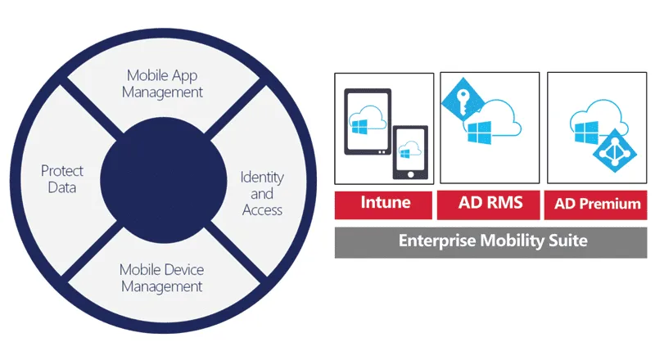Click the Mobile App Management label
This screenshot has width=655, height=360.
[x=162, y=83]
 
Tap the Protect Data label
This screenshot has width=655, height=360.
[x=62, y=178]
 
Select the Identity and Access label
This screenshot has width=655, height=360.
[x=262, y=193]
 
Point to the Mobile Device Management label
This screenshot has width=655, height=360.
[x=161, y=277]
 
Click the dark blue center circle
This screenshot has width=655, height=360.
[x=163, y=180]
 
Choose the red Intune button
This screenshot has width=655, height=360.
[x=383, y=205]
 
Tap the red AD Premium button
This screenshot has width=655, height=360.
[x=596, y=205]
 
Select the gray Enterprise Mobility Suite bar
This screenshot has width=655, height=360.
[x=490, y=242]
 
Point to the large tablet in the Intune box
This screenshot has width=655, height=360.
[x=368, y=122]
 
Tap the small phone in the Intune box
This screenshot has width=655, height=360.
[x=410, y=152]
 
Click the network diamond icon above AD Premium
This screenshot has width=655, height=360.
[x=615, y=150]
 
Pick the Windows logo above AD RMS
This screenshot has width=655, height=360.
[x=480, y=133]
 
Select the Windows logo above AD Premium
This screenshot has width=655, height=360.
[x=586, y=132]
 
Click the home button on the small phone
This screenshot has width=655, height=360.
[x=410, y=174]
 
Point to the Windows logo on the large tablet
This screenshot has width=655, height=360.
[x=359, y=127]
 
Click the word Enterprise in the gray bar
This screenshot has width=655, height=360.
[x=437, y=241]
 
